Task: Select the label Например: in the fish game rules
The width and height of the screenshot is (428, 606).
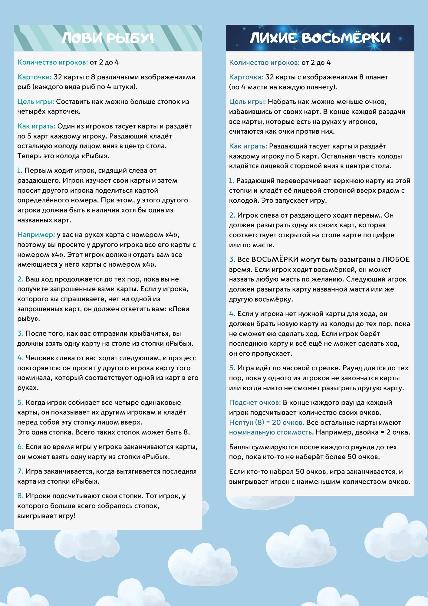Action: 36,235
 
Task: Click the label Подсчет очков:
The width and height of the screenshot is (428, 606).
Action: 255,403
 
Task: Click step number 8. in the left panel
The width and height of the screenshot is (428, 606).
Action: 20,496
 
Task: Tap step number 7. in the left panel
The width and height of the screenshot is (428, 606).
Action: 20,471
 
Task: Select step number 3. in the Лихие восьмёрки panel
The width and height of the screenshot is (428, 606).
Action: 232,260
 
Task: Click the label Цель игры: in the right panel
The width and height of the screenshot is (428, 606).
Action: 247,102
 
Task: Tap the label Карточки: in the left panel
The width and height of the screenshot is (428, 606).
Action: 34,77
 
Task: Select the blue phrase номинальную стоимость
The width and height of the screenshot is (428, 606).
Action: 270,432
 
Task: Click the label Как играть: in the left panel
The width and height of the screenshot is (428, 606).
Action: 36,126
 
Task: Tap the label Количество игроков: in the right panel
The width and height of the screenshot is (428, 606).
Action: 264,63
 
